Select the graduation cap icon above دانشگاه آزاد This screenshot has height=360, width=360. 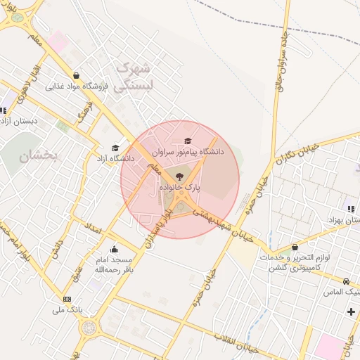click(115, 148)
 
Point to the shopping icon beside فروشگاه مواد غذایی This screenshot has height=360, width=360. click(76, 75)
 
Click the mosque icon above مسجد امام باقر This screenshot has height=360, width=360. click(114, 249)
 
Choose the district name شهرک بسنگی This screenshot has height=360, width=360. click(132, 77)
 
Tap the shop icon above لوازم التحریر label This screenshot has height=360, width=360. click(295, 247)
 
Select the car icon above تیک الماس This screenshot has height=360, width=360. click(347, 281)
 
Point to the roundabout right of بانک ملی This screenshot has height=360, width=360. click(88, 328)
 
